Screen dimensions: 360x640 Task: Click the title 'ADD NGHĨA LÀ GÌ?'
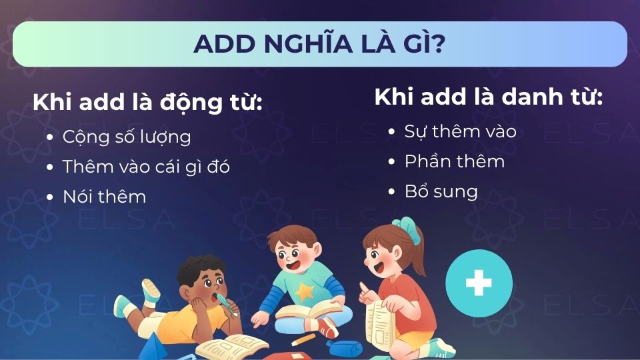[320, 44]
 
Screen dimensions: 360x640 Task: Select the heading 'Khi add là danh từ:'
[489, 97]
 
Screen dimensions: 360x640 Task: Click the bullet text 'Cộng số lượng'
[127, 137]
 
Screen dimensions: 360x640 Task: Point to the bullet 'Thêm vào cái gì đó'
[146, 167]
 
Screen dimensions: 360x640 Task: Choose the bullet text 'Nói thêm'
[104, 197]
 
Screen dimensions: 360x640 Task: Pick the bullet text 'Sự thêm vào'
[460, 131]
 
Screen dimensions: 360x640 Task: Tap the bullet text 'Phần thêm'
[455, 161]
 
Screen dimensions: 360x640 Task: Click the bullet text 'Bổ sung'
[441, 192]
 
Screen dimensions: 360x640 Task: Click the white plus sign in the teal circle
[479, 283]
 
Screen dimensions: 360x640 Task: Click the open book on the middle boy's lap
[307, 309]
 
